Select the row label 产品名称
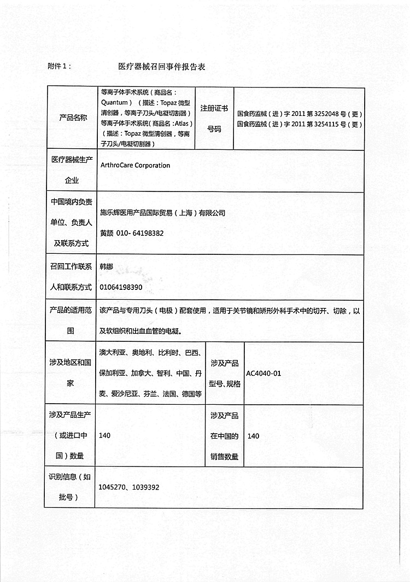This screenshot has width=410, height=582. pos(73,118)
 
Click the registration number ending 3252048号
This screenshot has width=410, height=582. pos(300,114)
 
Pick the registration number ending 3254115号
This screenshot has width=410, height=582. pos(300,124)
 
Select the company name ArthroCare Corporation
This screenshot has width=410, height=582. pos(135,165)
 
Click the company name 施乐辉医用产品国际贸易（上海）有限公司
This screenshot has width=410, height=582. pos(162,213)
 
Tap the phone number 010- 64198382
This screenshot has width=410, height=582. pos(139,233)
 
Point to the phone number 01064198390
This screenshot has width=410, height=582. pos(121,287)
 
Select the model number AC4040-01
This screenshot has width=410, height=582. pos(263,374)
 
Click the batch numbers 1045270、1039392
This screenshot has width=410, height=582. pos(129,487)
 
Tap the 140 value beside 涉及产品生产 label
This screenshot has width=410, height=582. pos(104,436)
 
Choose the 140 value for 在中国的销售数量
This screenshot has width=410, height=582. pos(253,436)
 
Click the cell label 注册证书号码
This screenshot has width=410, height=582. pos(214,118)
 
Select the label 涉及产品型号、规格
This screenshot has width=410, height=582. pos(225,374)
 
